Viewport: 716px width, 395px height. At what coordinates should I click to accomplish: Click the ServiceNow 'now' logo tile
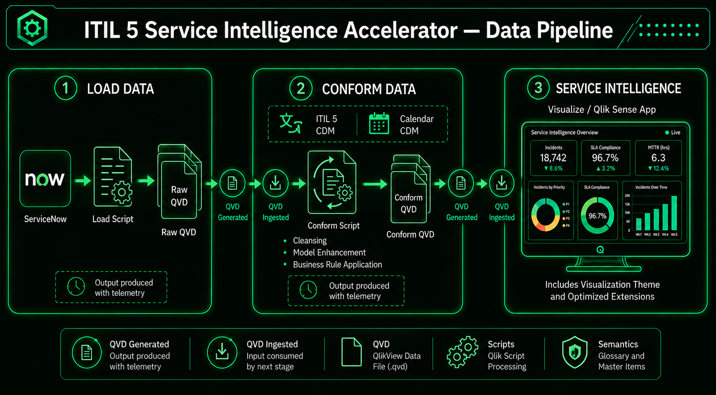coord(45,178)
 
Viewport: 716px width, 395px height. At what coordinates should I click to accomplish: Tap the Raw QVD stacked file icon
coord(179,181)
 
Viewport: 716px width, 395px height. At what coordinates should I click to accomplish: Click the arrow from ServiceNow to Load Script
coord(82,181)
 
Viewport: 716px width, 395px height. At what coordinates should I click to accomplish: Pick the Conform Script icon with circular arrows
coord(332,182)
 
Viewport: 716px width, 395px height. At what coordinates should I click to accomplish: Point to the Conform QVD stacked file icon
coord(410,189)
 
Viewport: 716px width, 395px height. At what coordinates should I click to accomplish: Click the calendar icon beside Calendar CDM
coord(379,124)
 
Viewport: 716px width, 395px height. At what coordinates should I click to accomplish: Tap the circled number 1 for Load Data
coord(65,88)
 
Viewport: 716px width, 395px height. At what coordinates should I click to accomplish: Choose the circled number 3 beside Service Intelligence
coord(538,87)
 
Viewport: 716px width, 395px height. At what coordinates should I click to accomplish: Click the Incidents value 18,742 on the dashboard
coord(553,158)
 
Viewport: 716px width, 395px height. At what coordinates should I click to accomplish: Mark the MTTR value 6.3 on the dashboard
coord(658,158)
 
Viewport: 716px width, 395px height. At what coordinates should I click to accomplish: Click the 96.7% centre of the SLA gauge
coord(597,216)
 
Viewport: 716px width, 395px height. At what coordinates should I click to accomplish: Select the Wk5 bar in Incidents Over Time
coord(674,213)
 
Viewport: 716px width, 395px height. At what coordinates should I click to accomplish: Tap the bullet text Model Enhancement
coord(329,253)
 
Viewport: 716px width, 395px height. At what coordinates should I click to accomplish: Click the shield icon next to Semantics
coord(575,352)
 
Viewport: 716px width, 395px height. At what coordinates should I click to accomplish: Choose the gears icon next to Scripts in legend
coord(462,352)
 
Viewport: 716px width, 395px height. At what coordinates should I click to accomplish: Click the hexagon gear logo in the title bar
coord(32,28)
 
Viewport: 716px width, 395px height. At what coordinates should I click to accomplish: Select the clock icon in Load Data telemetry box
coord(76,287)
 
